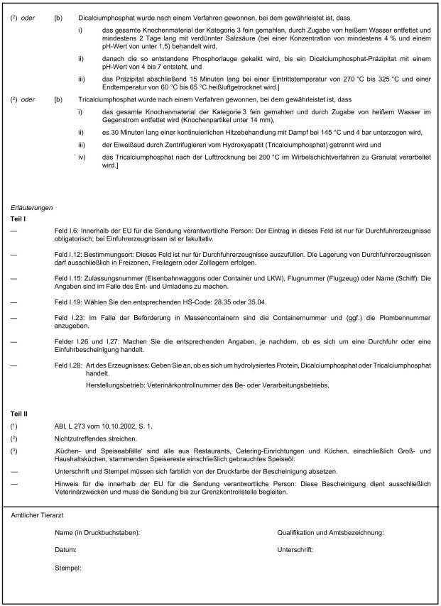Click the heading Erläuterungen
click(32, 207)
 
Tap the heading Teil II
click(20, 412)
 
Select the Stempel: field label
click(69, 568)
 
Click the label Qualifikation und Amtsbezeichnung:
click(332, 531)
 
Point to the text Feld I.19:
click(68, 301)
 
